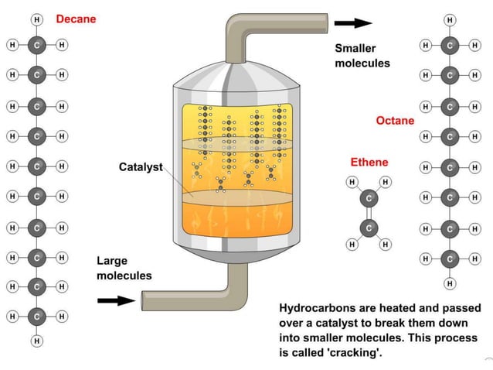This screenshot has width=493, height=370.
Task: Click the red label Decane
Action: pos(76,19)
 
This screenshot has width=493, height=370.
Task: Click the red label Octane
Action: pos(395,120)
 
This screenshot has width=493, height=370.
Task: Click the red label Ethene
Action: pos(369,163)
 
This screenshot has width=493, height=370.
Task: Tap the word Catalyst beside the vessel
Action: pos(141,166)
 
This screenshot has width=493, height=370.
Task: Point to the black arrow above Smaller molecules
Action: pos(356,23)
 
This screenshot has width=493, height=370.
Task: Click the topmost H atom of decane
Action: pos(36,19)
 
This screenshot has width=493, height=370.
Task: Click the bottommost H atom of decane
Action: pos(36,341)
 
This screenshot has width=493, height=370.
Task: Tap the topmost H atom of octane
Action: pos(450,19)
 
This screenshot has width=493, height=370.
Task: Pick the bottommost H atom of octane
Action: pos(450,283)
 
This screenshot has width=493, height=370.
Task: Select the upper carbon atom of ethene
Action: pos(369,199)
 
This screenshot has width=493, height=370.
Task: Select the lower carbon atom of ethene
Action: pos(369,228)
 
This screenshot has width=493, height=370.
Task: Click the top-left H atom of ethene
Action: pos(352,182)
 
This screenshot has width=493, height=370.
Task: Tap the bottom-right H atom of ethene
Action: pos(386,244)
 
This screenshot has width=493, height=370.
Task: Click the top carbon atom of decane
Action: pos(36,45)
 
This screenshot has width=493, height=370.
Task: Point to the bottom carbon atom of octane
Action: pos(450,259)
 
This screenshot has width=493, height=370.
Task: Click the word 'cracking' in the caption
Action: pos(354,352)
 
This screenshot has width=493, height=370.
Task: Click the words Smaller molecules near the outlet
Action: pos(362,56)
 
